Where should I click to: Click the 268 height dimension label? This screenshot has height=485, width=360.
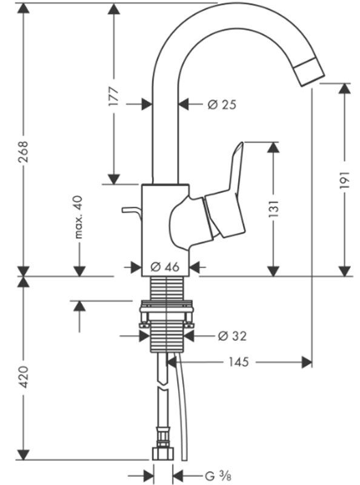click(24, 152)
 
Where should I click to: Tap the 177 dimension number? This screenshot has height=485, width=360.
click(113, 96)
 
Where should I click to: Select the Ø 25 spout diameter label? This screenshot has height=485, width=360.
click(222, 104)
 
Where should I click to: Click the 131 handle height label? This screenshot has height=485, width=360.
click(273, 209)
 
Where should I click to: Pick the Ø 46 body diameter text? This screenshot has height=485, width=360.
click(165, 267)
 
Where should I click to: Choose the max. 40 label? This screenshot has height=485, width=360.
click(79, 217)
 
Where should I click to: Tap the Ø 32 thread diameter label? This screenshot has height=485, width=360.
click(232, 336)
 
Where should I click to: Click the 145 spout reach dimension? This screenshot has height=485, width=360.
click(238, 361)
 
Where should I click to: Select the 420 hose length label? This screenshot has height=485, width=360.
click(24, 376)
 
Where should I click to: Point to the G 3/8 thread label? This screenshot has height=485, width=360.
click(218, 476)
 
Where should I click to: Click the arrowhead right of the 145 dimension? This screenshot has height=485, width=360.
click(307, 362)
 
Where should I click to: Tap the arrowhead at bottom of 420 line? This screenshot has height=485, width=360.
click(24, 455)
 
